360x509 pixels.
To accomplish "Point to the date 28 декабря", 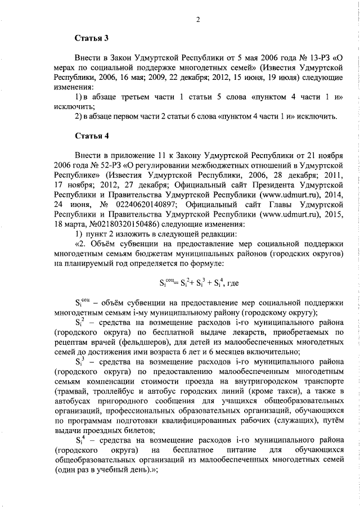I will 289,174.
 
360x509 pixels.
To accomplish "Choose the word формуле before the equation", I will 206,262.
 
